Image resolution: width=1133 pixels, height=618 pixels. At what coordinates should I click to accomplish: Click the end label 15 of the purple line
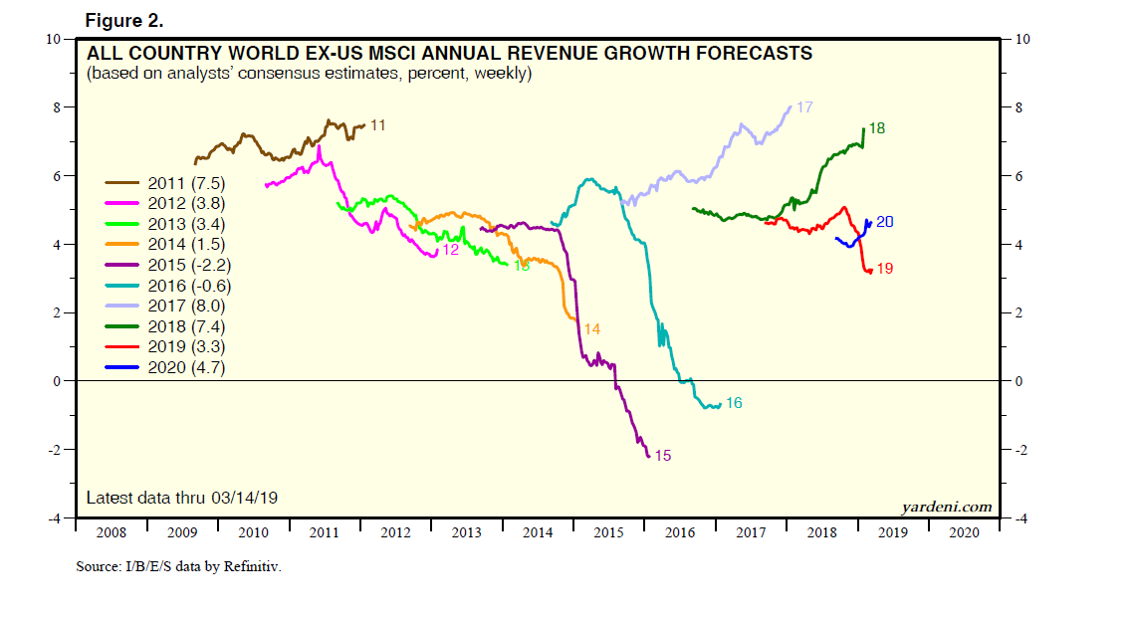coord(663,456)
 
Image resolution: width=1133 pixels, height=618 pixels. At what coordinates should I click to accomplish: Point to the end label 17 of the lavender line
coord(805,106)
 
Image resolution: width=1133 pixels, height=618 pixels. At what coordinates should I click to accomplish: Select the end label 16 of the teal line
coord(734,403)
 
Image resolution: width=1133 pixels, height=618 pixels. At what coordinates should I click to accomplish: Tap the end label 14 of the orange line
coord(591,328)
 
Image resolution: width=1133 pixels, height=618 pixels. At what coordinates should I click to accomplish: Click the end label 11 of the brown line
coord(378,124)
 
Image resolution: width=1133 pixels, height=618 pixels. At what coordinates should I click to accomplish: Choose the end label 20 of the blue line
coord(884,221)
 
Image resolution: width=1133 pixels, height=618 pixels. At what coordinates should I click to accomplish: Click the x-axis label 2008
coord(112,532)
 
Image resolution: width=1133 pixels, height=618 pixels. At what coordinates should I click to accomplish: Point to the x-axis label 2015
coord(608,532)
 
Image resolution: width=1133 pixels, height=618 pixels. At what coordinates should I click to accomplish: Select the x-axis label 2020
coord(964,532)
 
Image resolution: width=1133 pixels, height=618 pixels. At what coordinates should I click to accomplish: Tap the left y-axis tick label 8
coord(59,107)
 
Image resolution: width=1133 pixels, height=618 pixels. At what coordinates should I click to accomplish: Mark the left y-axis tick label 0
coord(59,381)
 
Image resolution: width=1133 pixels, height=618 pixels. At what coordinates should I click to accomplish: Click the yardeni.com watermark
coord(946,507)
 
